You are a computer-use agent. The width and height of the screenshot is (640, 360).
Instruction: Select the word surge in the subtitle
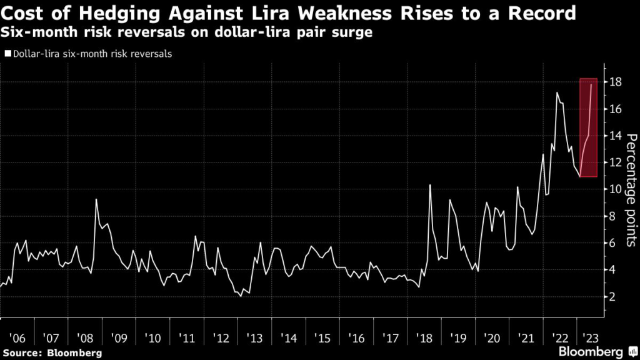[x=354, y=31]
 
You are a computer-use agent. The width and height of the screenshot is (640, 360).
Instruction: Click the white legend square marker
[x=7, y=54]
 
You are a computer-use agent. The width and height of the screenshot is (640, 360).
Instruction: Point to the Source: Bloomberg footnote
[x=52, y=353]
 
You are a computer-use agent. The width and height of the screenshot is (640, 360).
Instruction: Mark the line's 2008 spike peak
[x=96, y=199]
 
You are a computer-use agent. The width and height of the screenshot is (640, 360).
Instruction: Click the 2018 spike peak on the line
[x=430, y=185]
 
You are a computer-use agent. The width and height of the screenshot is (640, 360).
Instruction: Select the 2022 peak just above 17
[x=557, y=93]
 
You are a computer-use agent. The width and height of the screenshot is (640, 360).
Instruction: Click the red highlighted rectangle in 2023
[x=588, y=127]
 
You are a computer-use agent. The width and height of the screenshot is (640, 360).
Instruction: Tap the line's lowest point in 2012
[x=241, y=296]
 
